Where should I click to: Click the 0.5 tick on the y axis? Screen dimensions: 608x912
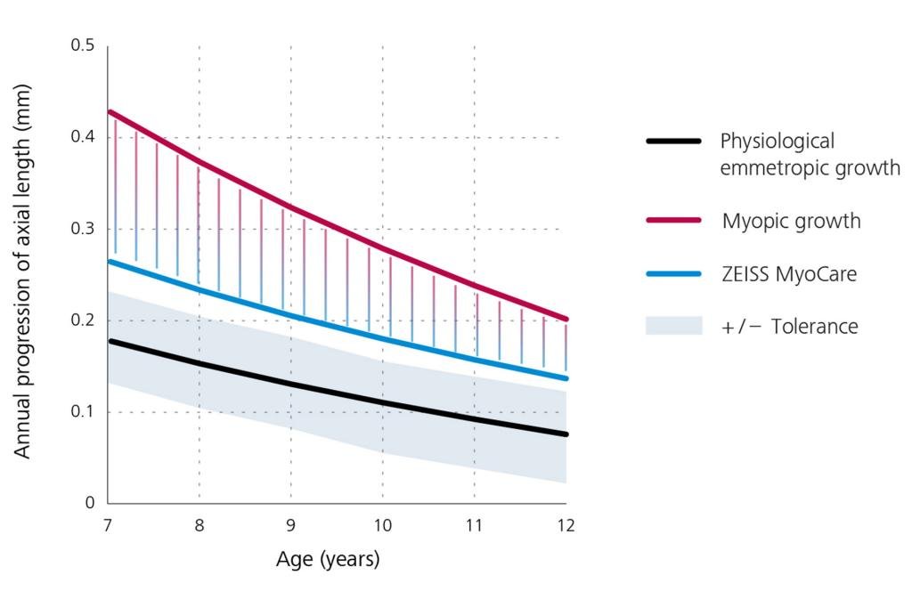point(83,45)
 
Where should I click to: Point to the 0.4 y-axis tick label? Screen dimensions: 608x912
point(83,137)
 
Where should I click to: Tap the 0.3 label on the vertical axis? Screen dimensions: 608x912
point(83,229)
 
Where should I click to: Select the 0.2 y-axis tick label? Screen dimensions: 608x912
point(83,320)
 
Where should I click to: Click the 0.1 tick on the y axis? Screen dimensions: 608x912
point(83,412)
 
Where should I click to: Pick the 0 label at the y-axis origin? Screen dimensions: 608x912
point(90,504)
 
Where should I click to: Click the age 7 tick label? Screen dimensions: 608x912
point(108,525)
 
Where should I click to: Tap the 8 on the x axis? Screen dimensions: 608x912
point(199,525)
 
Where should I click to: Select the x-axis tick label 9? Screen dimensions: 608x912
point(291,525)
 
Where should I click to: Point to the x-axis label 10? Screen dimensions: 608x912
point(382,525)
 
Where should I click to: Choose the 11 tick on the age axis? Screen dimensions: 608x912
point(474,525)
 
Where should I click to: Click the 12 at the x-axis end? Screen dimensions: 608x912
point(566,525)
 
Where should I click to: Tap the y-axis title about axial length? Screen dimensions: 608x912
point(22,272)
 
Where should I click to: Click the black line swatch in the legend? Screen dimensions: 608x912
point(674,142)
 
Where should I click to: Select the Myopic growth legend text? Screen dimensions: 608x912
point(791,221)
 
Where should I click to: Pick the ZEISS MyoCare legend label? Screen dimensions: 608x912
point(788,273)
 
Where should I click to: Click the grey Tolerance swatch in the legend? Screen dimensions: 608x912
point(674,326)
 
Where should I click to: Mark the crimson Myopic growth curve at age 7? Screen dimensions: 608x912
point(110,112)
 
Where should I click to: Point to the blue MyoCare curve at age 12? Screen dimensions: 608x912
point(565,377)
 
